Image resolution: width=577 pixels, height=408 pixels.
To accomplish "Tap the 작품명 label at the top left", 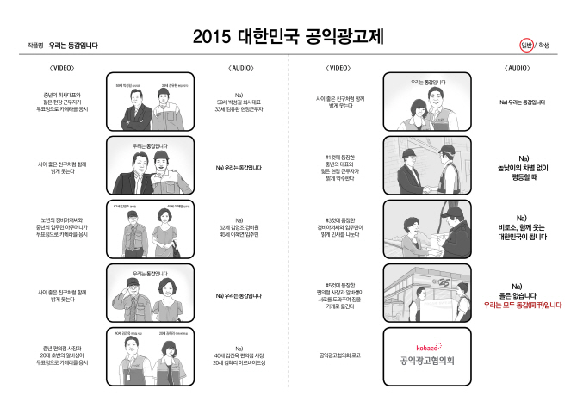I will click(x=34, y=45).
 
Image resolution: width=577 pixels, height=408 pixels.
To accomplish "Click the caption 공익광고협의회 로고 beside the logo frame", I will click(x=339, y=354).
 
